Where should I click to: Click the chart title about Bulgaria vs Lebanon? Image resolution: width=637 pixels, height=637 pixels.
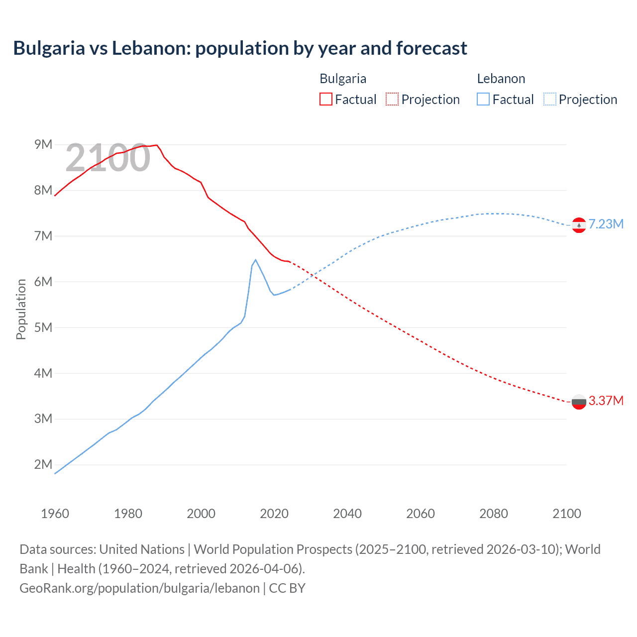(x=240, y=48)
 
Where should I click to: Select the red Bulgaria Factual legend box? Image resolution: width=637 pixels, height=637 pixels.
(x=325, y=99)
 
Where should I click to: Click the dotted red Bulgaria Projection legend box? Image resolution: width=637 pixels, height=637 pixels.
(x=392, y=99)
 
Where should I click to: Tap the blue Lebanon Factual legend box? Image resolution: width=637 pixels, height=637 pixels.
(x=483, y=99)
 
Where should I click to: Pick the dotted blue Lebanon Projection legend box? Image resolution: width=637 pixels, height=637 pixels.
(x=549, y=99)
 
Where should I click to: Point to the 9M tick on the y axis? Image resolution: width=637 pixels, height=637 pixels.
(x=43, y=144)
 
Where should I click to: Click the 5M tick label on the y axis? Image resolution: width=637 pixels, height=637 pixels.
(x=43, y=327)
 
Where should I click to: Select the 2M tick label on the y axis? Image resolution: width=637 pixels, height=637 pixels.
(x=43, y=464)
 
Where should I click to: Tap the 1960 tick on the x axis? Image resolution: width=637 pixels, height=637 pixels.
(x=55, y=514)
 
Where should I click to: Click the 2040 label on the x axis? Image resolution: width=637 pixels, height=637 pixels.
(x=347, y=514)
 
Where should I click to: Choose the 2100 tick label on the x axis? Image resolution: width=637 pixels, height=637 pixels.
(x=566, y=514)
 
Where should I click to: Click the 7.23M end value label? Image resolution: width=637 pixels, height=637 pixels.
(x=606, y=224)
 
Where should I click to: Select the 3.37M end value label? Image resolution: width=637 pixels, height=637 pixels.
(x=606, y=401)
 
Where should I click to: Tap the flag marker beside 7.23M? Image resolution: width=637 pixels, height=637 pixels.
(x=579, y=225)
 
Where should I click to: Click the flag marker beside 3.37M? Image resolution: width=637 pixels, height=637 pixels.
(x=579, y=402)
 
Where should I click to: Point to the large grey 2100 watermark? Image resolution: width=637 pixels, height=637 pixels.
(x=107, y=158)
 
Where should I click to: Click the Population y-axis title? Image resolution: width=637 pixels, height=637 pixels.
(x=21, y=309)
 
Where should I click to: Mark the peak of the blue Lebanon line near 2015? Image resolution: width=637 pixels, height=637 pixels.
(x=255, y=260)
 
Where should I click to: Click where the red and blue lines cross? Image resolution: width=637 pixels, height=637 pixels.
(x=313, y=275)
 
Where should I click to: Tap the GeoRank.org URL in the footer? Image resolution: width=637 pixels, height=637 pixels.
(x=139, y=588)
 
